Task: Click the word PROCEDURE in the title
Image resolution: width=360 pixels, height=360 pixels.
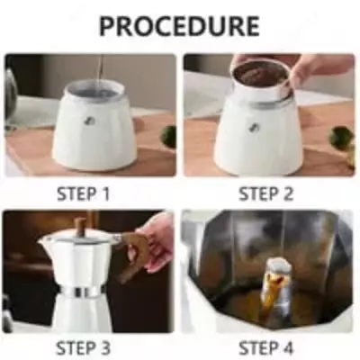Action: (179, 26)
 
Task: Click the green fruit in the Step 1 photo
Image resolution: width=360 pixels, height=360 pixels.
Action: (168, 136)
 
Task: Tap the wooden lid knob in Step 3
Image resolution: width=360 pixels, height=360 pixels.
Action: (80, 226)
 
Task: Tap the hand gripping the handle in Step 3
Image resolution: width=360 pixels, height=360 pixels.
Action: (157, 241)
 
